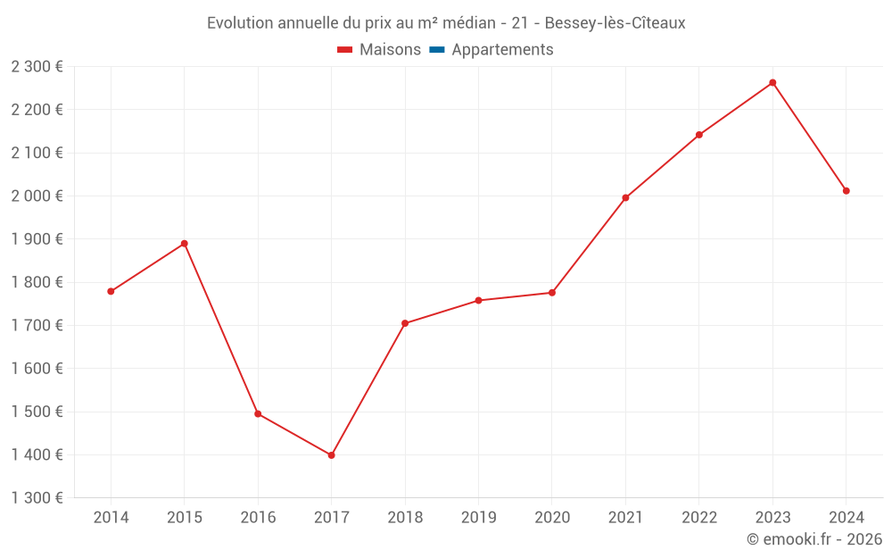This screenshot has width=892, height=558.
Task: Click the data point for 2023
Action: click(772, 83)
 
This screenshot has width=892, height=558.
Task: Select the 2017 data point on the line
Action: click(332, 455)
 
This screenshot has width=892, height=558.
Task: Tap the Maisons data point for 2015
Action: click(185, 244)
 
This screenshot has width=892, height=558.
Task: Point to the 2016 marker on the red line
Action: click(258, 414)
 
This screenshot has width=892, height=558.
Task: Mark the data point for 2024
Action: click(846, 191)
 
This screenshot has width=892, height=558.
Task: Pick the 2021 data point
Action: click(625, 198)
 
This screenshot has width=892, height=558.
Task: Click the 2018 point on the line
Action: click(405, 323)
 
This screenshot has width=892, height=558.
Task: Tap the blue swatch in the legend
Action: click(437, 50)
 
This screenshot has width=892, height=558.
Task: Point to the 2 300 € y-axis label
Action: click(37, 67)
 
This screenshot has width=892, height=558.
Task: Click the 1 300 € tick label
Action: click(37, 498)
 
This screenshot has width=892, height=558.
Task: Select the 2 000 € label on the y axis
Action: click(37, 196)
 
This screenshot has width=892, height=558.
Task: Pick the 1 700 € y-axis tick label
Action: click(37, 326)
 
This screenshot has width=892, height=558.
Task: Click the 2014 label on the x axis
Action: click(111, 518)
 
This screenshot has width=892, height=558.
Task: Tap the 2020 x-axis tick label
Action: click(551, 518)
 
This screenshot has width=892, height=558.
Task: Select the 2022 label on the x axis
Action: click(698, 518)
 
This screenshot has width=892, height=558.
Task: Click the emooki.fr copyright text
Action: click(814, 539)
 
